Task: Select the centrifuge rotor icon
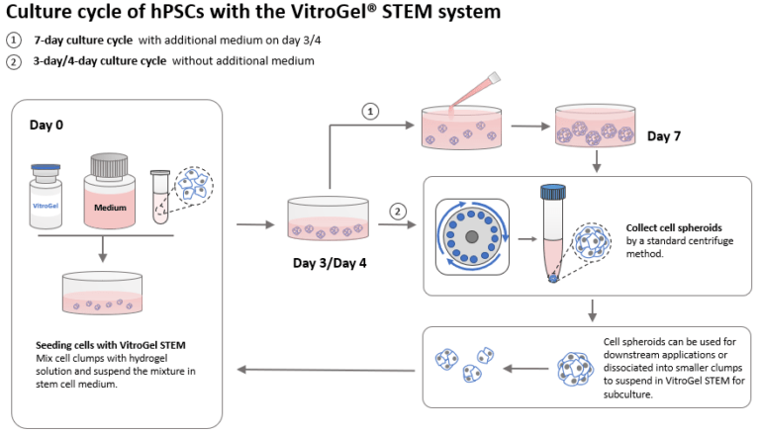(x=473, y=237)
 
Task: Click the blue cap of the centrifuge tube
(x=552, y=193)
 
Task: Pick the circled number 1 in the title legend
(x=13, y=41)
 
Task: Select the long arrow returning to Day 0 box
(x=327, y=370)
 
